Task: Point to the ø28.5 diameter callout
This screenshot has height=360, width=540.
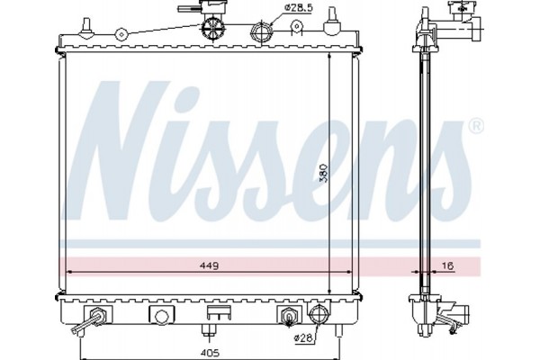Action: pos(300,9)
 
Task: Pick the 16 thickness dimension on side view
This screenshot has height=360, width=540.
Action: pos(446,267)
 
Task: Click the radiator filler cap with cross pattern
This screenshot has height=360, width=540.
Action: pos(212,27)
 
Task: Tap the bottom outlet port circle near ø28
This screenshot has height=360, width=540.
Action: pos(318,315)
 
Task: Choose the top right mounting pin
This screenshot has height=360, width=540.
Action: pos(336,19)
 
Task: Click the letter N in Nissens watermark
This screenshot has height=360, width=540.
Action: pos(117,135)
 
